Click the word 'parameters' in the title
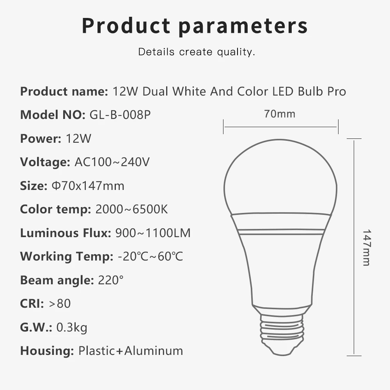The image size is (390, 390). [x=243, y=26]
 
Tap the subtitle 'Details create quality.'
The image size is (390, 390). [x=197, y=52]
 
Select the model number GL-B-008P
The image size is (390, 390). [x=120, y=115]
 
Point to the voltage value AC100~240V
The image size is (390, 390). [x=112, y=162]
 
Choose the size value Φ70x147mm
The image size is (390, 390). [x=88, y=186]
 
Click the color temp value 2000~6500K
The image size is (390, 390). [x=131, y=209]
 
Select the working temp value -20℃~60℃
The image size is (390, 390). [x=150, y=256]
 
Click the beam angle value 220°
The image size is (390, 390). [x=111, y=280]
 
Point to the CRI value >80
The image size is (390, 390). [x=60, y=303]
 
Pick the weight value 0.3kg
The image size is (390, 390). [x=72, y=327]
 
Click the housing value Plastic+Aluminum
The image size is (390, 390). [x=131, y=350]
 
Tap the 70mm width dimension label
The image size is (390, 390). [x=280, y=114]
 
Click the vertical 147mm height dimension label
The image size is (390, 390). [x=366, y=247]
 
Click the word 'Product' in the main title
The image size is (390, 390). [x=126, y=26]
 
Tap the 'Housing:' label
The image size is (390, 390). [x=47, y=350]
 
